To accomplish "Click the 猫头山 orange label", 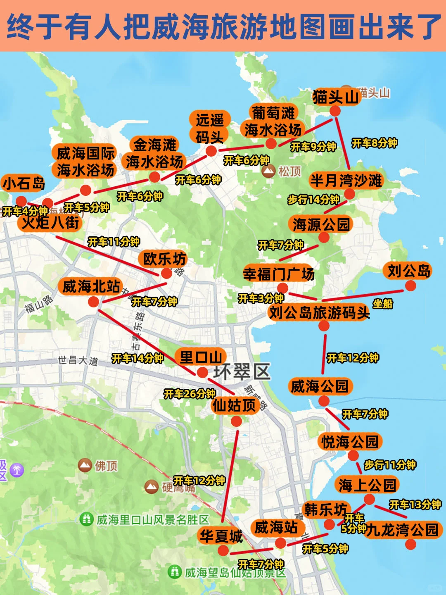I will pyautogui.click(x=335, y=98).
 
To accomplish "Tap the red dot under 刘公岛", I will pyautogui.click(x=410, y=286).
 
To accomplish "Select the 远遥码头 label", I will pyautogui.click(x=210, y=128).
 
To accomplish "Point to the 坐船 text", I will pyautogui.click(x=383, y=304).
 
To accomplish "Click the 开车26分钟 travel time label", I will pyautogui.click(x=190, y=394).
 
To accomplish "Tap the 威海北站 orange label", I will pyautogui.click(x=91, y=286).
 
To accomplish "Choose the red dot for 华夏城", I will pyautogui.click(x=223, y=550).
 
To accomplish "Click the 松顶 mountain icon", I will pyautogui.click(x=269, y=171).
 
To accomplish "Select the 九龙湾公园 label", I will pyautogui.click(x=402, y=530).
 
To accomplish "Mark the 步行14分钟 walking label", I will pyautogui.click(x=313, y=200).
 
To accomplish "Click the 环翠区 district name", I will pyautogui.click(x=242, y=371).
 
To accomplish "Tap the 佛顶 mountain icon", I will pyautogui.click(x=85, y=466).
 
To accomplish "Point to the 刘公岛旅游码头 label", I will pyautogui.click(x=319, y=313).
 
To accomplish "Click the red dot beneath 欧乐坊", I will pyautogui.click(x=166, y=273).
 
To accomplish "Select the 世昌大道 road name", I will pyautogui.click(x=78, y=360).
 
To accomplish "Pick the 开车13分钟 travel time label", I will pyautogui.click(x=415, y=505).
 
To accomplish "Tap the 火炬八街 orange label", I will pyautogui.click(x=50, y=223).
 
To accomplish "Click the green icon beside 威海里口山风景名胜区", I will pyautogui.click(x=87, y=519).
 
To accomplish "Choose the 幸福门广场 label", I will pyautogui.click(x=279, y=274).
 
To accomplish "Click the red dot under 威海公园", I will pyautogui.click(x=324, y=401).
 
